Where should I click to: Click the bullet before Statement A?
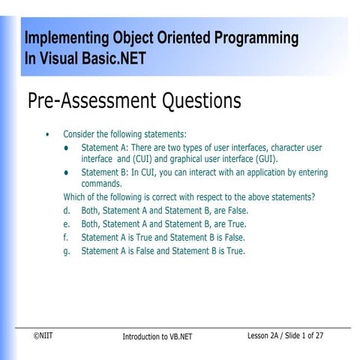pos(67,148)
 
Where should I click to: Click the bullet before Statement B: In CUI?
pos(67,172)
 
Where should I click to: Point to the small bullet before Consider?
pos(48,134)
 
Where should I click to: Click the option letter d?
pos(67,211)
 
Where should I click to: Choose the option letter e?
pos(67,223)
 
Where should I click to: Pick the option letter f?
pos(66,237)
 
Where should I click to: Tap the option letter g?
pos(67,250)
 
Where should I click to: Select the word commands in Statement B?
pos(101,184)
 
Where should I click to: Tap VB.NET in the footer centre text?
pos(177,337)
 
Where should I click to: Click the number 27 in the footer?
pos(319,335)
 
